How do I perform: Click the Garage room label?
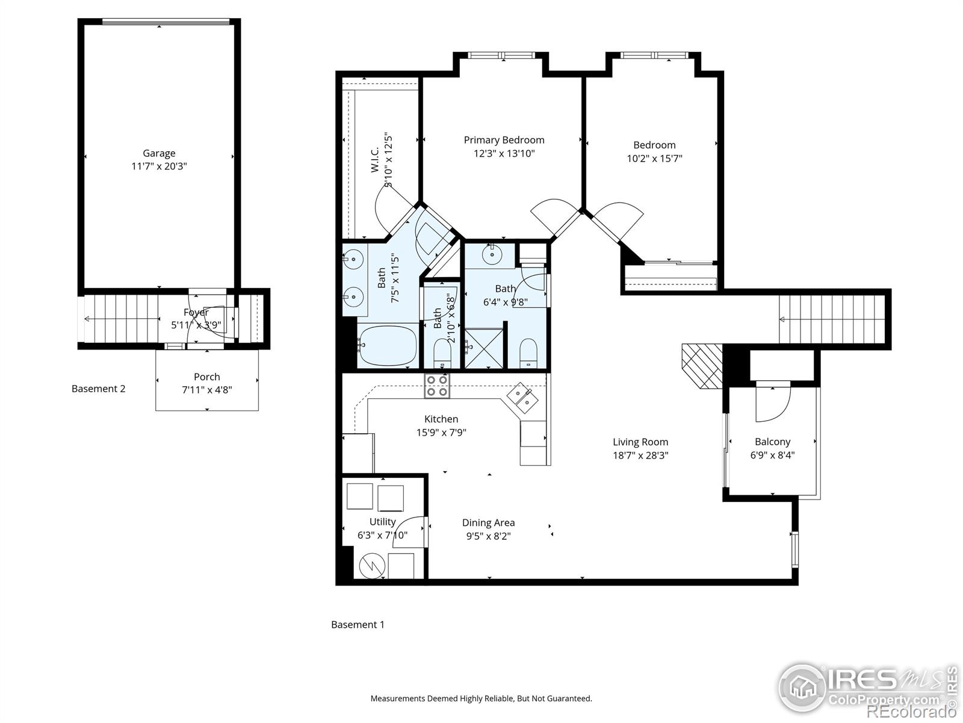(159, 153)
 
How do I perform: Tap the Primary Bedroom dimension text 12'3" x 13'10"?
(504, 154)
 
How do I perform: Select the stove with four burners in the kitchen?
(437, 386)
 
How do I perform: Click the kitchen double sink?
(521, 396)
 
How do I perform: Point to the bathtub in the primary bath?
(386, 345)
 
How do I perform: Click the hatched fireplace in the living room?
(702, 366)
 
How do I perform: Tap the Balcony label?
(772, 442)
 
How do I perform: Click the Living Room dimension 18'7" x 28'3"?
(640, 455)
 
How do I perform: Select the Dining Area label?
(488, 523)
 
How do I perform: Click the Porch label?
(206, 377)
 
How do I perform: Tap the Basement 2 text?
(98, 389)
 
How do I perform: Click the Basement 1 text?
(358, 624)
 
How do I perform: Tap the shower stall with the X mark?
(484, 348)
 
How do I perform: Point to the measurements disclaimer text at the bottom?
(481, 699)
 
